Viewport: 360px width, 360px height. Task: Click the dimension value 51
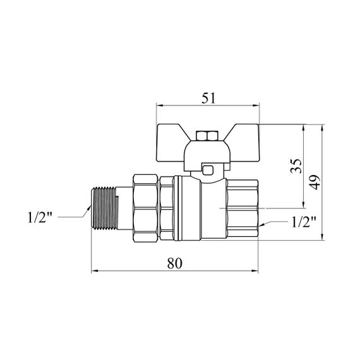[208, 98]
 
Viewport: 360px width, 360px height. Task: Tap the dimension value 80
[174, 263]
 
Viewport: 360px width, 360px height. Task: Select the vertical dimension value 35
[296, 165]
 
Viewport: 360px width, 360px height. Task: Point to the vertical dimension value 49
[315, 183]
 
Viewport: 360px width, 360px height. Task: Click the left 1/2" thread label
[40, 217]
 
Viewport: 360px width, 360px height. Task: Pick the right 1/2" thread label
[304, 222]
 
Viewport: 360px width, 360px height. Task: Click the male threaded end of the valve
[105, 208]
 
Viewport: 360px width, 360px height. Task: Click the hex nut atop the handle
[207, 136]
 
